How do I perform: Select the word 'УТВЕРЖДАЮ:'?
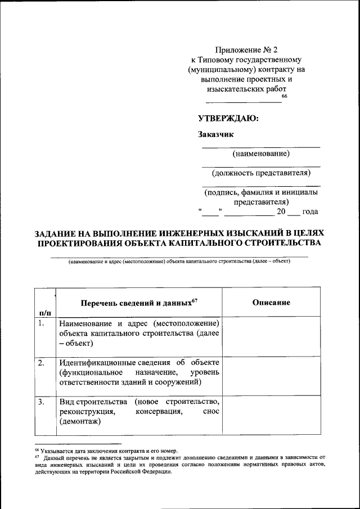point(228,118)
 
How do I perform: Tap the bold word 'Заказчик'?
point(215,134)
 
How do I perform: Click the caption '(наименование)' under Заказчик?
point(261,154)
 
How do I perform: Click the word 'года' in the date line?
point(310,212)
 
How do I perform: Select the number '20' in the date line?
point(281,212)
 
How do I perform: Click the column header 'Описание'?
point(271,303)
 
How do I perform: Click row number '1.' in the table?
point(42,323)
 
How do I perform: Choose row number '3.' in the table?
point(42,402)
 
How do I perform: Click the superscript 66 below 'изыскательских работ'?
point(284,97)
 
